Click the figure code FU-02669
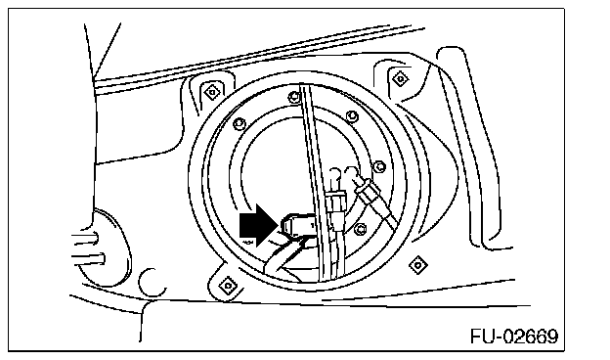514,336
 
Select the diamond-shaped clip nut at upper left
212,92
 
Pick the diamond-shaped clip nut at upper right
400,78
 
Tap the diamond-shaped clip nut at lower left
228,286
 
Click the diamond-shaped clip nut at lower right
418,265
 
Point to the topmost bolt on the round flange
294,96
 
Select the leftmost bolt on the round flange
239,124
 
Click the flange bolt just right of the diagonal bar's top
352,116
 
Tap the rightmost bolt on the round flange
379,167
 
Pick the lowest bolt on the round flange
361,229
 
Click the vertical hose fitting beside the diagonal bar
335,206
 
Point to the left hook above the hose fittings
334,177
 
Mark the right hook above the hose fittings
351,174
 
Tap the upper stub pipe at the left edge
84,238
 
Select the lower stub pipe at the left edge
87,258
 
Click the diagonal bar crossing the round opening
319,181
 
